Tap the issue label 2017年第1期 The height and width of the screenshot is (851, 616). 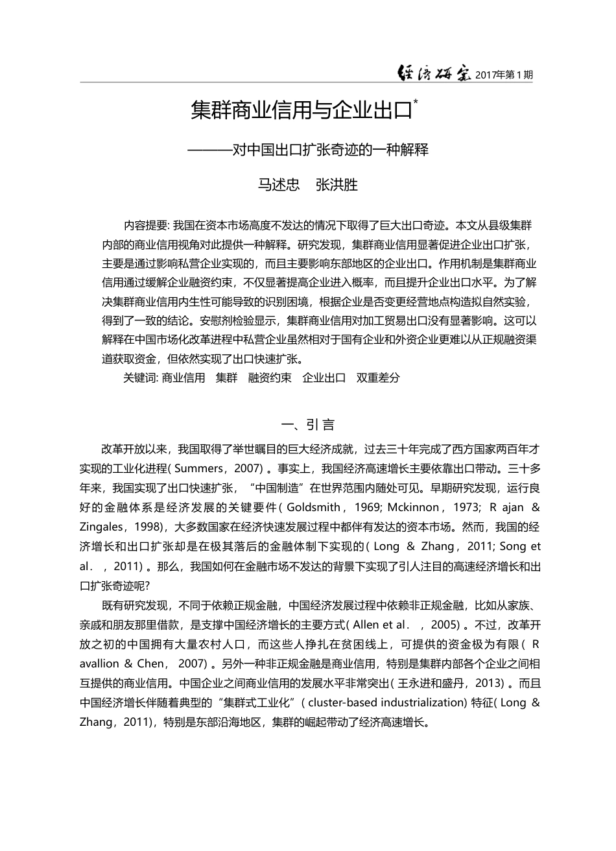[x=504, y=75]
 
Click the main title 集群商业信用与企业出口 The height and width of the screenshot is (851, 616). [x=302, y=110]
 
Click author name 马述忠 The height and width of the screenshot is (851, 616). [x=279, y=184]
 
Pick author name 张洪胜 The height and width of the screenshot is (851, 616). [x=336, y=184]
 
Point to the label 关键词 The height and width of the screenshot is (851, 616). [x=140, y=378]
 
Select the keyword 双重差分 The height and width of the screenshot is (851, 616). [x=378, y=378]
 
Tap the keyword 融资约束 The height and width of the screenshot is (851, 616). [x=270, y=378]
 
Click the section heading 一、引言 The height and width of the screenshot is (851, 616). [x=308, y=425]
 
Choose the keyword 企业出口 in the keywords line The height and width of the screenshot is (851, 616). [x=324, y=378]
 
